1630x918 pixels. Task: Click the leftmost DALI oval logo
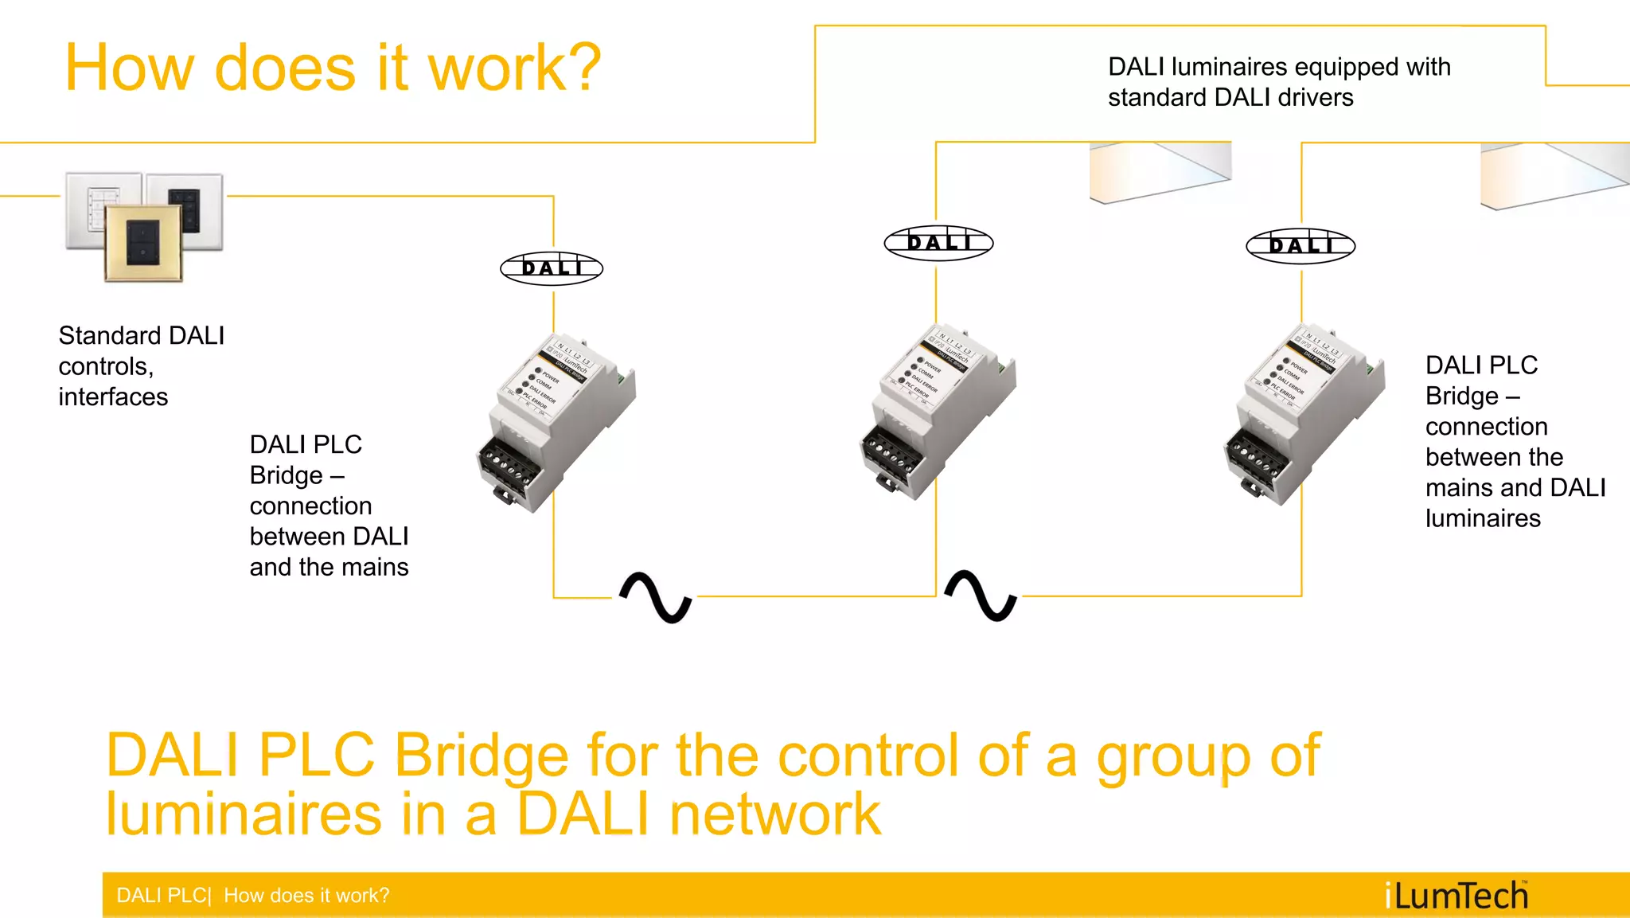pyautogui.click(x=552, y=268)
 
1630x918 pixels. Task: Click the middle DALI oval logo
pyautogui.click(x=938, y=242)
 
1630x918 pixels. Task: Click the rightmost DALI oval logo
pyautogui.click(x=1300, y=245)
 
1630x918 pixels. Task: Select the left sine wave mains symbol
pyautogui.click(x=656, y=597)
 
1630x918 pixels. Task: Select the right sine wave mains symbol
pyautogui.click(x=981, y=596)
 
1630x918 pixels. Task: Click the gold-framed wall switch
pyautogui.click(x=144, y=242)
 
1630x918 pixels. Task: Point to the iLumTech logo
pyautogui.click(x=1456, y=896)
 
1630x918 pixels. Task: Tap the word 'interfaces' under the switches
pyautogui.click(x=113, y=396)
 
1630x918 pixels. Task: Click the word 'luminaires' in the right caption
pyautogui.click(x=1483, y=518)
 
